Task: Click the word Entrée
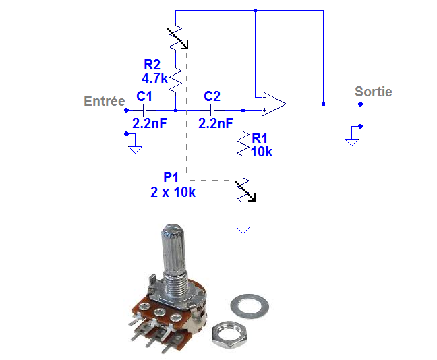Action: point(105,101)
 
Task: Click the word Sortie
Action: point(374,92)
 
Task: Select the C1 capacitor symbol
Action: point(144,111)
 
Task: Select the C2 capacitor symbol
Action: point(212,111)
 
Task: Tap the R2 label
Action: point(152,65)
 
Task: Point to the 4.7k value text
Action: point(154,78)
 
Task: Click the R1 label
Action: point(260,138)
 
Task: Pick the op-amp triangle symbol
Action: point(274,104)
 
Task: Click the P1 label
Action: point(171,177)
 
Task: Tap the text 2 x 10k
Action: point(173,192)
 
